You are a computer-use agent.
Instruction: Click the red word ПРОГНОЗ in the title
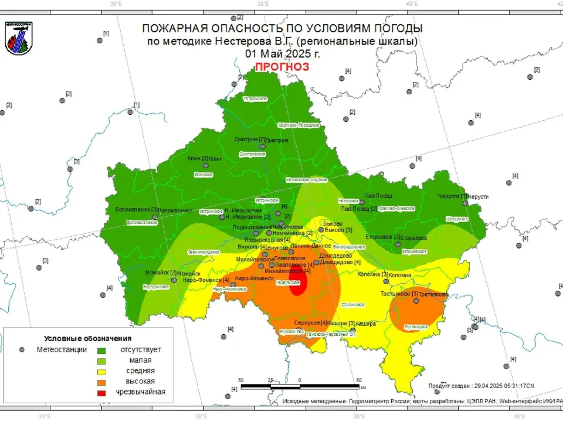(x=281, y=67)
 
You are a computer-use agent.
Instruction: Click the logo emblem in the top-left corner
(x=19, y=39)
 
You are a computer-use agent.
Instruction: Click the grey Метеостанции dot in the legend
(x=22, y=350)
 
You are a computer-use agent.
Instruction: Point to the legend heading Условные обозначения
(x=88, y=338)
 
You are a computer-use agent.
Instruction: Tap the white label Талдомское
(x=255, y=98)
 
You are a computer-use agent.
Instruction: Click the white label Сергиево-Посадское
(x=298, y=125)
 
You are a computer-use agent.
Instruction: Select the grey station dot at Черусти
(x=465, y=203)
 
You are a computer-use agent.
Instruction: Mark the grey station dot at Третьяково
(x=416, y=301)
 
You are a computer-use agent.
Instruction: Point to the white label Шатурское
(x=457, y=219)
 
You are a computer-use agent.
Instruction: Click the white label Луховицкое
(x=416, y=326)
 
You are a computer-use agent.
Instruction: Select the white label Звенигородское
(x=204, y=251)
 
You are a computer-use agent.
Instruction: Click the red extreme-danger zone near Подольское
(x=298, y=285)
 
